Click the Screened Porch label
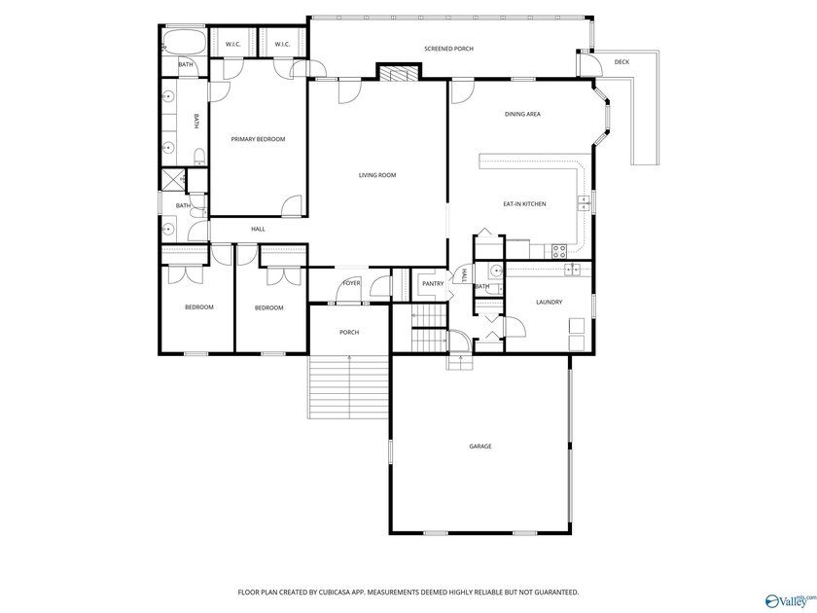click(448, 48)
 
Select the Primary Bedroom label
click(258, 139)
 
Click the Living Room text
click(377, 175)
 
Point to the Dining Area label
click(522, 115)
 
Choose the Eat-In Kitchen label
click(524, 204)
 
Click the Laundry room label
click(549, 302)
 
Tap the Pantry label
click(433, 284)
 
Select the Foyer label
click(351, 284)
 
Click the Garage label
click(480, 447)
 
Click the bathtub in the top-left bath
click(184, 43)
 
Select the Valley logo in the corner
click(789, 600)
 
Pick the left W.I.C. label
click(233, 44)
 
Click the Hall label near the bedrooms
click(258, 229)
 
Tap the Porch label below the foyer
click(349, 333)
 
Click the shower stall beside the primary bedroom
click(173, 179)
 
